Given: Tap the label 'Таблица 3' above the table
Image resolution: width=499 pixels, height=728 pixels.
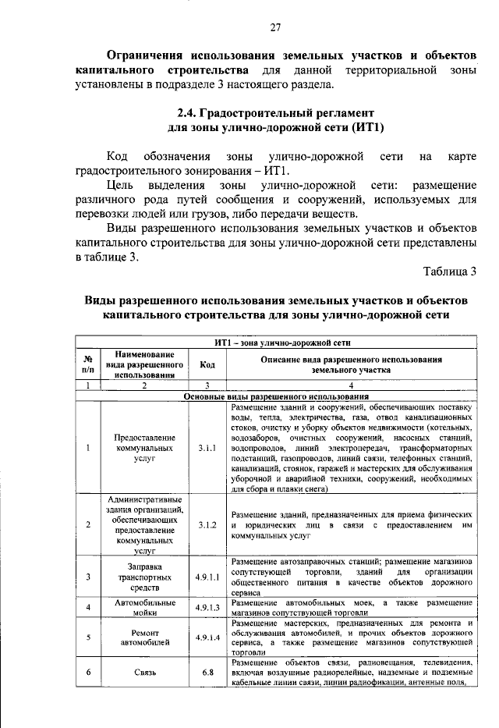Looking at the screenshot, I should [x=449, y=272].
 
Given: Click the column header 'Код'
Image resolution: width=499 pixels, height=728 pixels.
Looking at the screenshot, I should [x=207, y=364].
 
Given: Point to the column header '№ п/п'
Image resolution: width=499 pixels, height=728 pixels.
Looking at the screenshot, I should [x=87, y=364].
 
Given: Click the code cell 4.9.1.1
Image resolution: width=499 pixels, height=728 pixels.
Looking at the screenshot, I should [x=207, y=577].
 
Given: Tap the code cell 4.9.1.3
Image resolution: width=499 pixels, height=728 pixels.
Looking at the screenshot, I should [x=207, y=607].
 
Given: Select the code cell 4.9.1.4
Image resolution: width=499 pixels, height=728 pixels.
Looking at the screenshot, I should [x=207, y=637].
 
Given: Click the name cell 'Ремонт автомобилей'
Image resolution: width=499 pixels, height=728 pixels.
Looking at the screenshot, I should [x=145, y=637].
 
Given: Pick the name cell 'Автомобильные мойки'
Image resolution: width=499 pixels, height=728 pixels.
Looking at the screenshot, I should [x=145, y=607].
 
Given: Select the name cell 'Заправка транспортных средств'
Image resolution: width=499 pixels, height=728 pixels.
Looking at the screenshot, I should [x=145, y=577].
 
